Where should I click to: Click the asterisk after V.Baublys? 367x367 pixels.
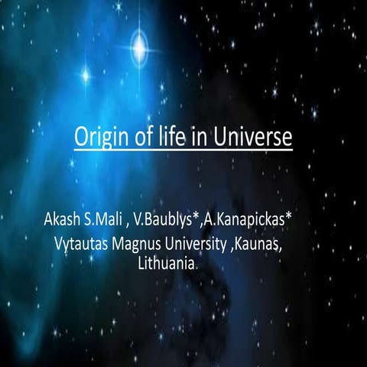pyautogui.click(x=196, y=221)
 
